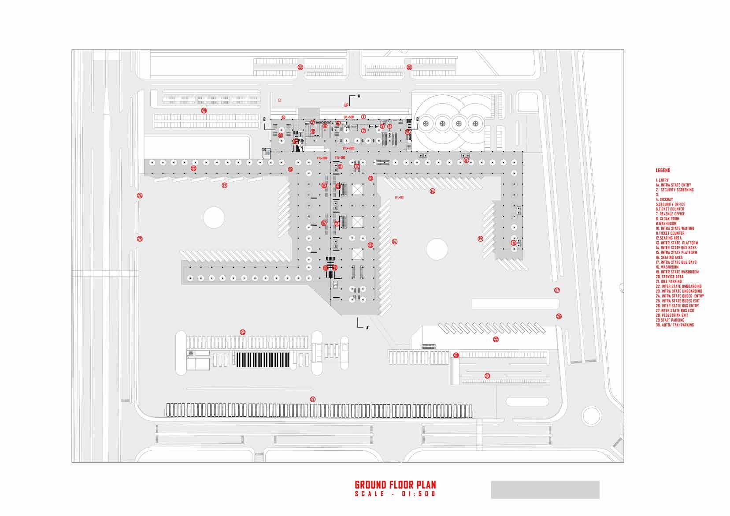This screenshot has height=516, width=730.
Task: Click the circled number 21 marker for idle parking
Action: (x=313, y=399)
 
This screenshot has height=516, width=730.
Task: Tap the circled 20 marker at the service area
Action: (x=242, y=332)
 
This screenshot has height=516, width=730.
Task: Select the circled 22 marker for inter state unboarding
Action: (x=496, y=340)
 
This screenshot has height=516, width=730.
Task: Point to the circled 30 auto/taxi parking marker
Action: (x=487, y=376)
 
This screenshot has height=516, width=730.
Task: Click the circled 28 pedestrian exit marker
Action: (x=456, y=355)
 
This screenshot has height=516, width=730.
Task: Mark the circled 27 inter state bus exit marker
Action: (x=557, y=290)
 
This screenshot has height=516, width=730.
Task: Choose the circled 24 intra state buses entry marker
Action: (x=140, y=195)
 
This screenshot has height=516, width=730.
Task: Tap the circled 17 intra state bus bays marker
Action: (x=224, y=186)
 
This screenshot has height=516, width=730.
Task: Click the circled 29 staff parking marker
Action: (x=204, y=111)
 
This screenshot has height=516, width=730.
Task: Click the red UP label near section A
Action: (x=347, y=105)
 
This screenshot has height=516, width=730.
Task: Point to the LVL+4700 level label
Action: (x=348, y=149)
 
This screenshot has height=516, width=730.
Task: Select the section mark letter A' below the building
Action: (x=368, y=328)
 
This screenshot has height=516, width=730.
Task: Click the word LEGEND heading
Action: (x=663, y=170)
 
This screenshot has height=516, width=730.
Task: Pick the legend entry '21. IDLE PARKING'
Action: (x=669, y=281)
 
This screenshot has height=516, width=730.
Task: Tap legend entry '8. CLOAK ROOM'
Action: (x=667, y=219)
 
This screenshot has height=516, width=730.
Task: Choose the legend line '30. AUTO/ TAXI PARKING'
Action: (x=674, y=325)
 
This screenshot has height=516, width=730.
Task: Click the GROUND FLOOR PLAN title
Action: (x=395, y=485)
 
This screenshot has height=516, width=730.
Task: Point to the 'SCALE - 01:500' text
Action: (x=395, y=494)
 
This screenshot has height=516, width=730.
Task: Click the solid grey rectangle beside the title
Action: (x=545, y=490)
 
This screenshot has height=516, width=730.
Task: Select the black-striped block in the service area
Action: (x=263, y=359)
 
